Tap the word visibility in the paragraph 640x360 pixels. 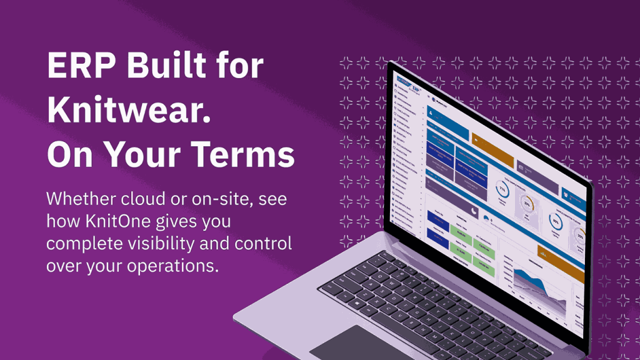click(x=165, y=244)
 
